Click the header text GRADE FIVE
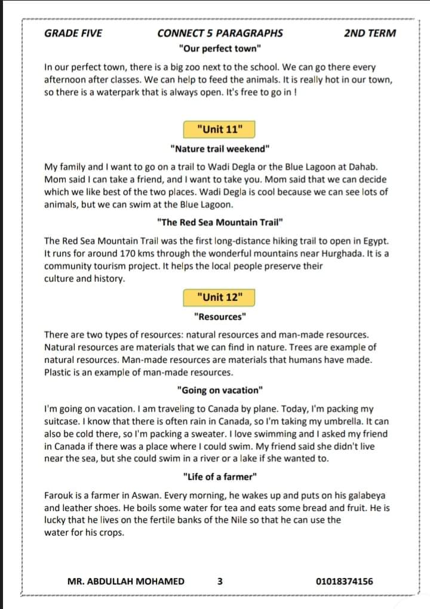(x=73, y=33)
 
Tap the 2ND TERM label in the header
(x=370, y=33)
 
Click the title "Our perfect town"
(x=220, y=48)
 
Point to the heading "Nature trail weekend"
(x=220, y=148)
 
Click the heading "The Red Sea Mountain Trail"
(x=220, y=222)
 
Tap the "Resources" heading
(x=220, y=316)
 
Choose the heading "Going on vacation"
(x=220, y=390)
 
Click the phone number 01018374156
(x=345, y=581)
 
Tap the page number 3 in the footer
(x=220, y=581)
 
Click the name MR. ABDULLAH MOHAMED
(x=126, y=581)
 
